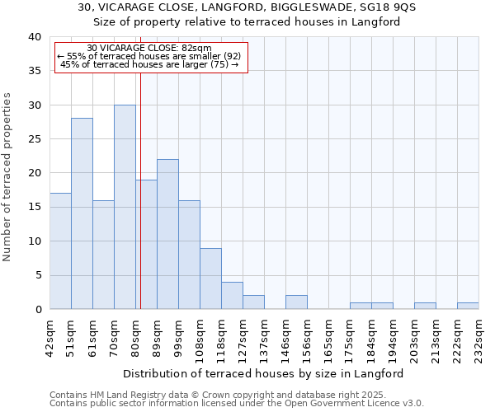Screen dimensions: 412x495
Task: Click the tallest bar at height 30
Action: click(125, 207)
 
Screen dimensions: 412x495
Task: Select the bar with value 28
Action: click(82, 213)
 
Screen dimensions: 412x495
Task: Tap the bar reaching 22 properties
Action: click(167, 234)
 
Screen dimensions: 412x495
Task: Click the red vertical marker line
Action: click(140, 190)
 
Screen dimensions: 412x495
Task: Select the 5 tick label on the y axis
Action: click(36, 275)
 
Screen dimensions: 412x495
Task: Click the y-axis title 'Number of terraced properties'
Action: click(7, 176)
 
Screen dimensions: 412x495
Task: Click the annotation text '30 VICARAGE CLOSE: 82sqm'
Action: click(149, 49)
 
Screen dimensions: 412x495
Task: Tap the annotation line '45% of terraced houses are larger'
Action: click(149, 64)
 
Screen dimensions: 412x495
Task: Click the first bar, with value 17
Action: click(60, 251)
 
